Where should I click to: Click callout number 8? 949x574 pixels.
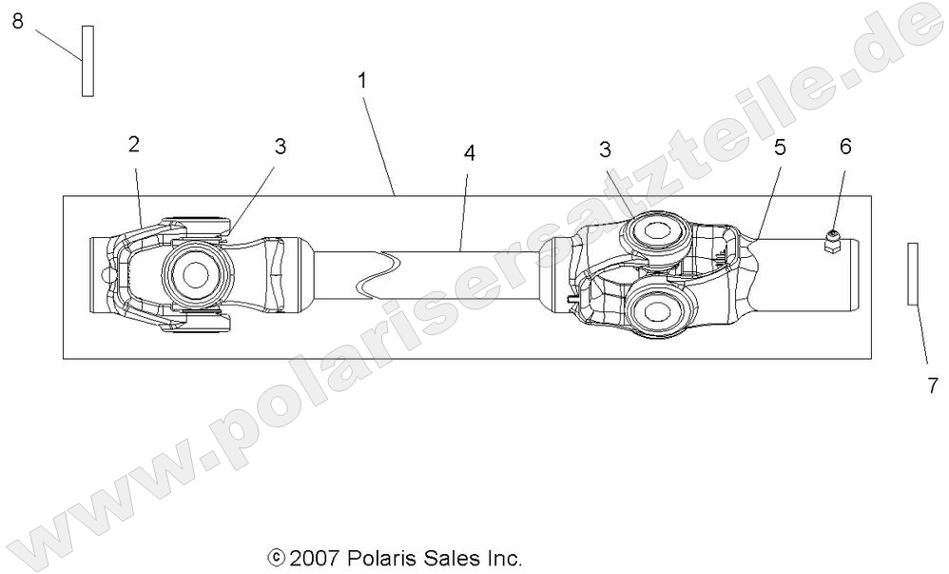pyautogui.click(x=17, y=22)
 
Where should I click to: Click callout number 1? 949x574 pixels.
pyautogui.click(x=362, y=81)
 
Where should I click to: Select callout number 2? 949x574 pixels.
pyautogui.click(x=134, y=145)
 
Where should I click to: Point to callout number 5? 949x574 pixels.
pyautogui.click(x=780, y=148)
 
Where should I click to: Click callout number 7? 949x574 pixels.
pyautogui.click(x=932, y=386)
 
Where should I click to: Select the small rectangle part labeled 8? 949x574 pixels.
pyautogui.click(x=87, y=61)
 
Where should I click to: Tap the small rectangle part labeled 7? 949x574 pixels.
pyautogui.click(x=913, y=273)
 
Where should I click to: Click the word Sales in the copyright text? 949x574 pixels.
pyautogui.click(x=450, y=558)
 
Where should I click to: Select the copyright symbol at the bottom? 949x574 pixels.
pyautogui.click(x=277, y=558)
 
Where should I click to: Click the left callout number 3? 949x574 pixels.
pyautogui.click(x=280, y=147)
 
